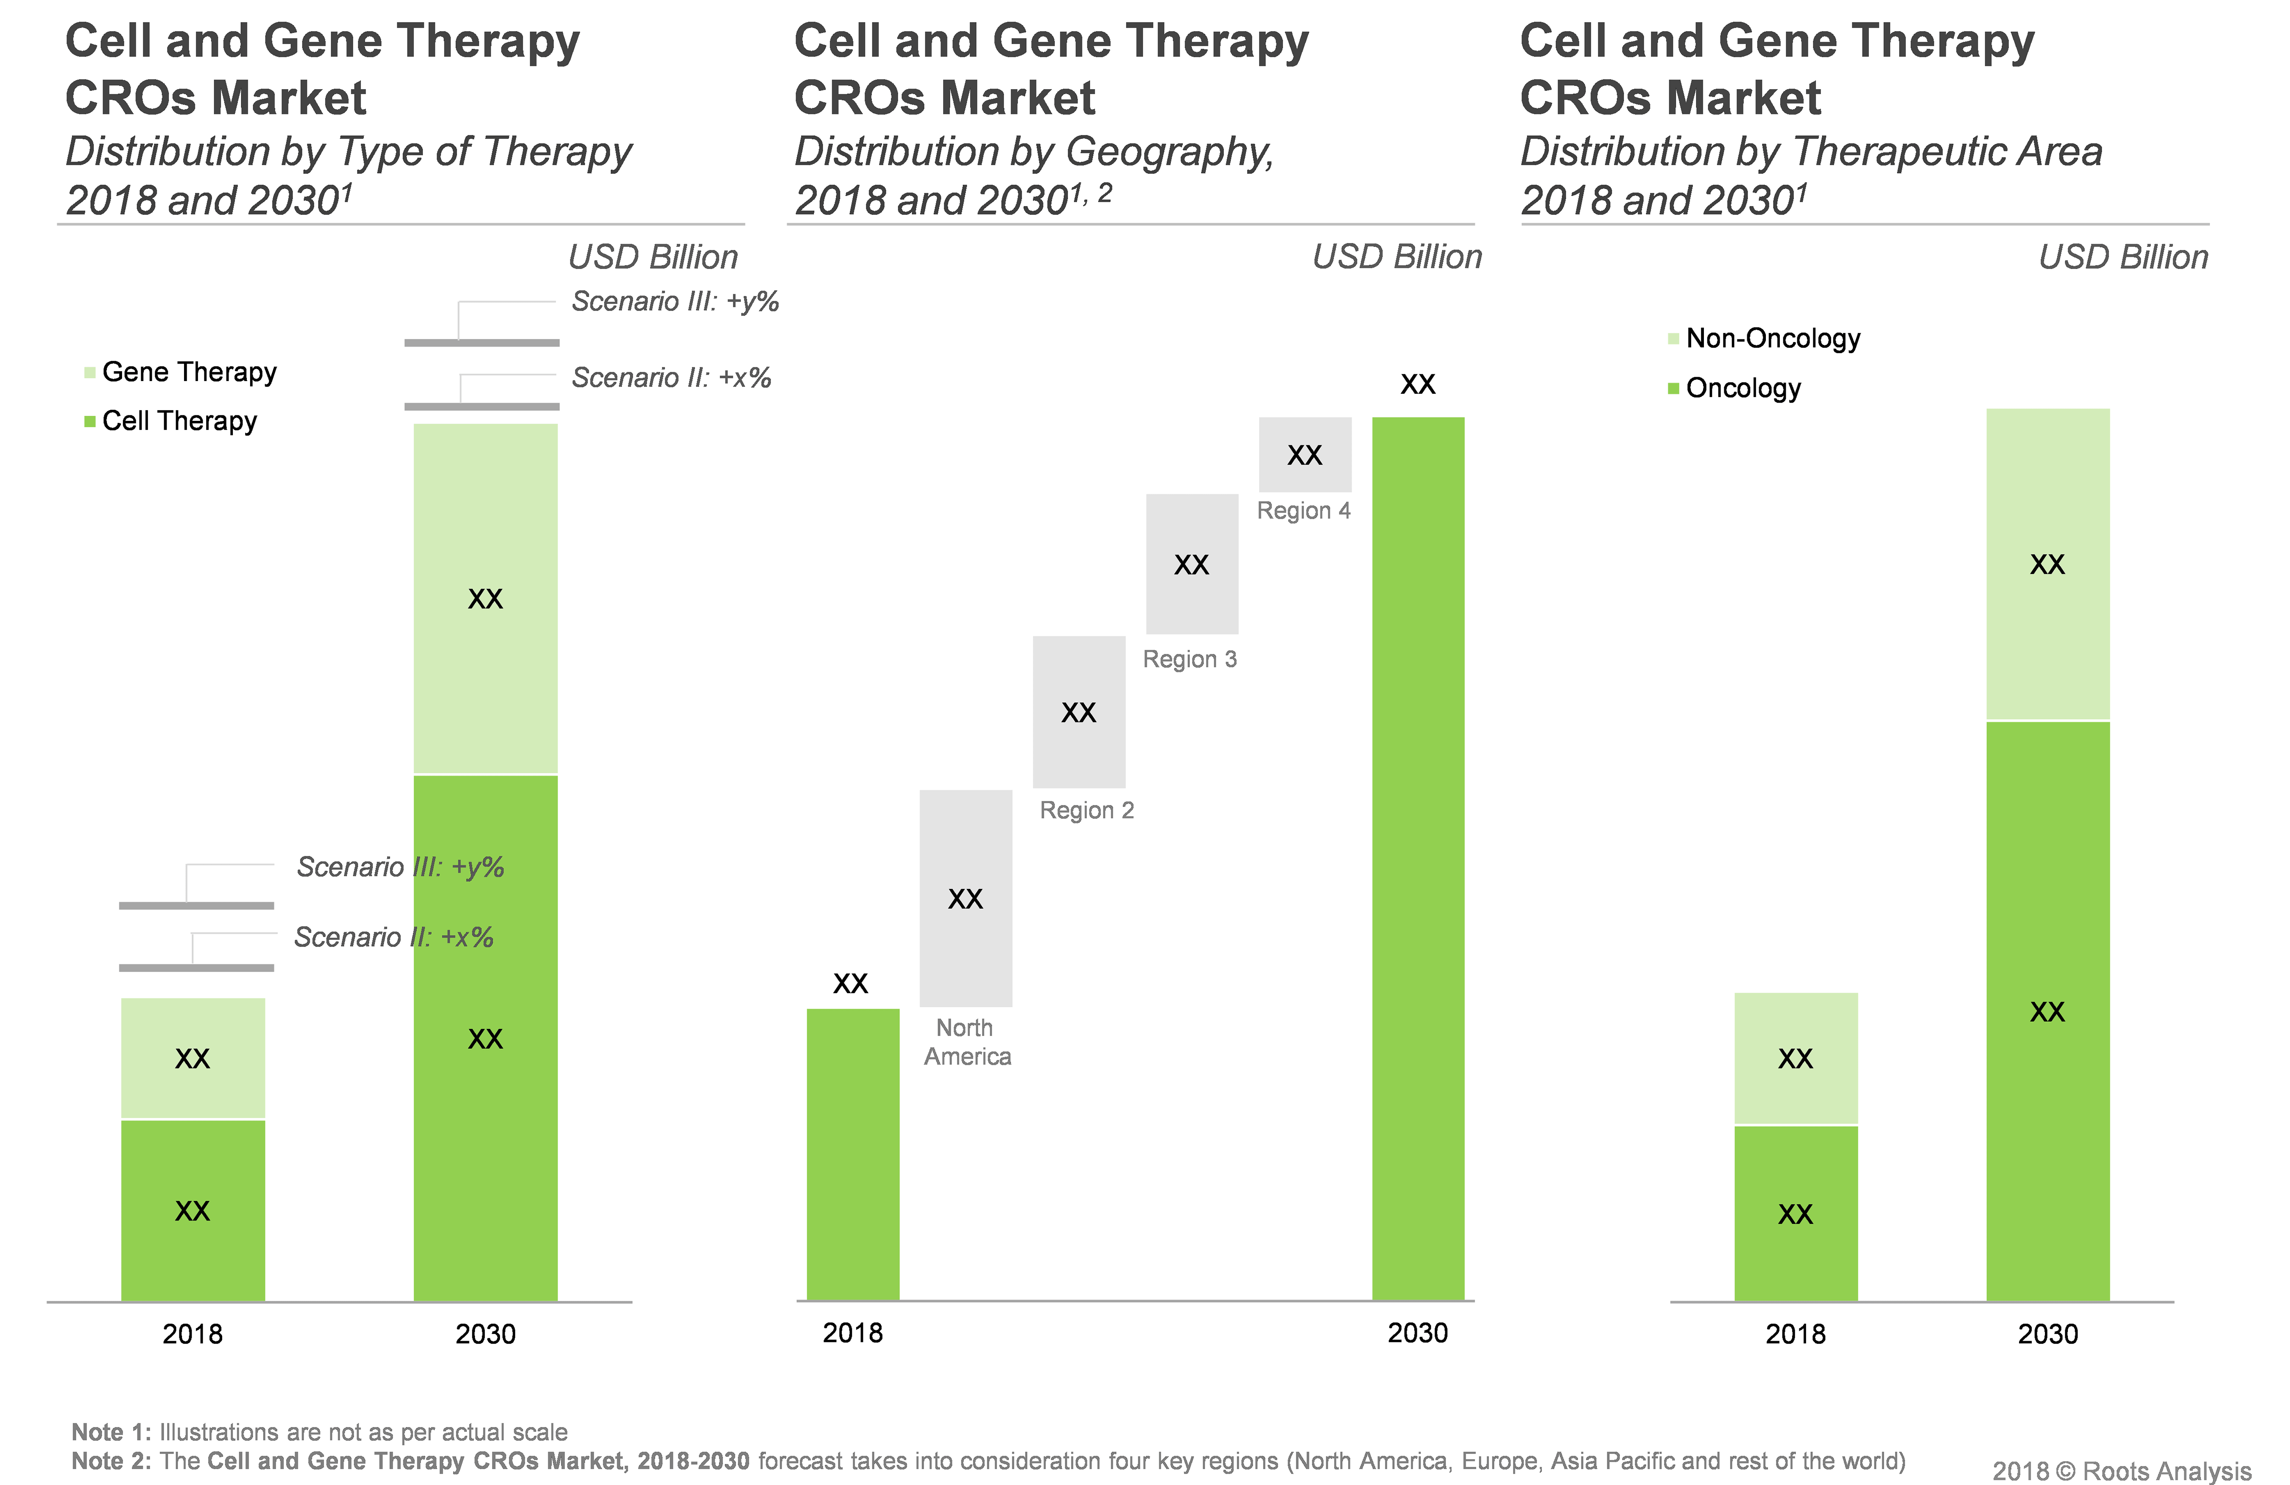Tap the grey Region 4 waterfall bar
(x=1305, y=454)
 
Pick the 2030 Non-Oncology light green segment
(x=2047, y=564)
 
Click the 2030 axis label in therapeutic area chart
(x=2047, y=1334)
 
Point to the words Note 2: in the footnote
(x=111, y=1461)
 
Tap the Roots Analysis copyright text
(x=2122, y=1471)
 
